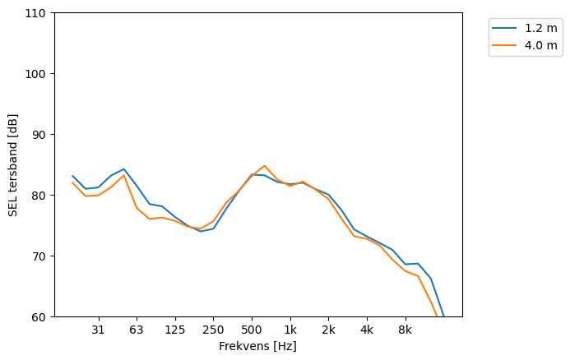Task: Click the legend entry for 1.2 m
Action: [x=540, y=27]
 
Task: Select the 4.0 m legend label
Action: [x=540, y=45]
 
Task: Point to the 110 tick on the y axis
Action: [x=39, y=13]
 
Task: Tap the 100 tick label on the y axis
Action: [x=39, y=74]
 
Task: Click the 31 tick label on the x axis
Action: [x=98, y=330]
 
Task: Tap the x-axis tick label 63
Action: [x=137, y=330]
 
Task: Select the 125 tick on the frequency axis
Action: [x=174, y=330]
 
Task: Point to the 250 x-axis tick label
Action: [x=213, y=330]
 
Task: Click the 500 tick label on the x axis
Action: [x=252, y=330]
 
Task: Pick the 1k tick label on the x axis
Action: [x=290, y=330]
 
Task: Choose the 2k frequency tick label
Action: [x=328, y=330]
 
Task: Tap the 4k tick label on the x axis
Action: [x=367, y=330]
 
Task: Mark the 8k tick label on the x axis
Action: [x=405, y=330]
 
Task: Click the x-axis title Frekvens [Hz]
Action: [x=257, y=347]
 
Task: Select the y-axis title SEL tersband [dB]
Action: [x=13, y=165]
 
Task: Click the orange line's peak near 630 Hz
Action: [x=265, y=166]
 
